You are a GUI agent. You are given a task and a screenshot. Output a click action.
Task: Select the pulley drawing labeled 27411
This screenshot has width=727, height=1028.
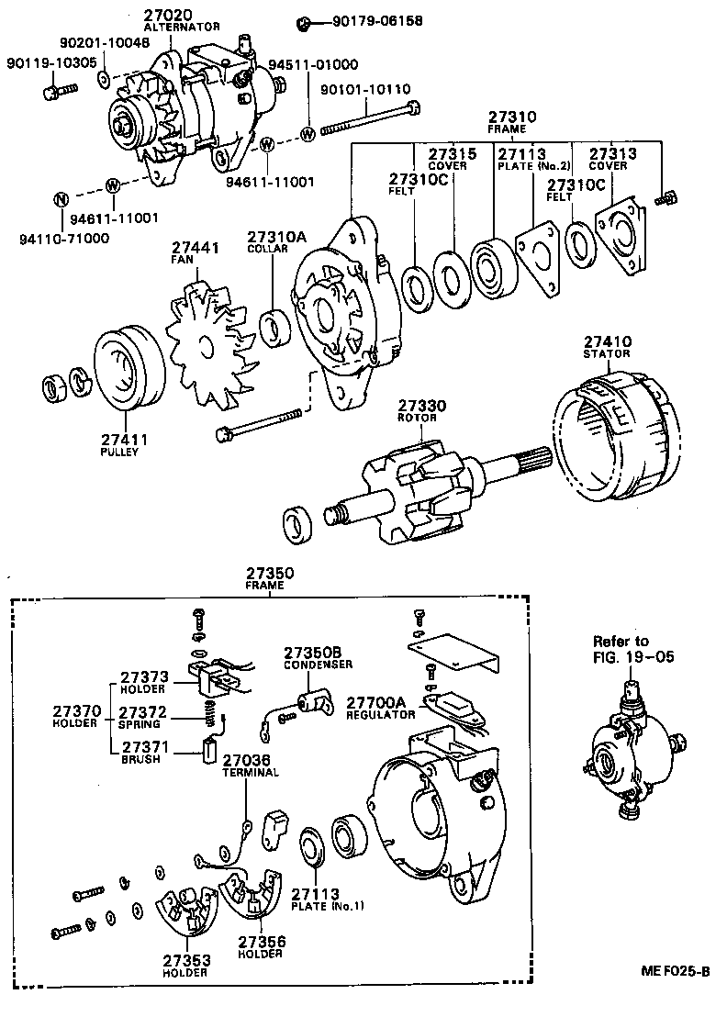[x=129, y=366]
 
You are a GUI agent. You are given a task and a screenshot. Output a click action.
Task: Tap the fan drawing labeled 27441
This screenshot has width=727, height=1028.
[x=207, y=344]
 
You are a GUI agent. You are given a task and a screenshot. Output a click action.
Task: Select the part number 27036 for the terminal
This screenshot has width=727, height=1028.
[x=247, y=760]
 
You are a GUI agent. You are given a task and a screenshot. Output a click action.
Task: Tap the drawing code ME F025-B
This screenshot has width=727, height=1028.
[x=675, y=971]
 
